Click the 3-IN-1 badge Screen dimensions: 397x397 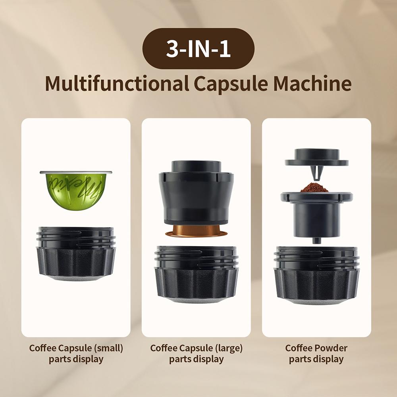[x=198, y=48]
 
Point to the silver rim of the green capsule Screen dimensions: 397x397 [x=76, y=173]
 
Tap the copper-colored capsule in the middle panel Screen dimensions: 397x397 [x=196, y=233]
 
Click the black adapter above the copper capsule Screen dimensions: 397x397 [x=196, y=195]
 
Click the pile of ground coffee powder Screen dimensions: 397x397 [x=314, y=187]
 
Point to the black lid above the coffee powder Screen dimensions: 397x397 [x=316, y=157]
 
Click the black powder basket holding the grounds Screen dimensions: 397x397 [x=316, y=214]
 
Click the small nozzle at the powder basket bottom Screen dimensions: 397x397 [x=316, y=240]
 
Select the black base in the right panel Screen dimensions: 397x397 [x=316, y=276]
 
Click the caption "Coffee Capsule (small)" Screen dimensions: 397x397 [x=76, y=348]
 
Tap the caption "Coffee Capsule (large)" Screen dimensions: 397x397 [x=196, y=348]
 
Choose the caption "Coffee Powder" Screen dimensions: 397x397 [x=316, y=348]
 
